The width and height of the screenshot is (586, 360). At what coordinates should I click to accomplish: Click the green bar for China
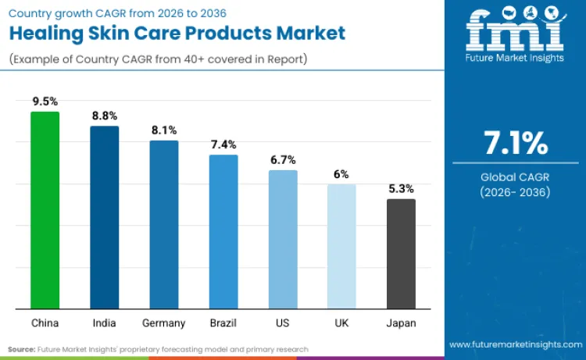45,210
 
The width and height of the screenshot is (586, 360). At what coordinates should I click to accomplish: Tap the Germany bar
164,224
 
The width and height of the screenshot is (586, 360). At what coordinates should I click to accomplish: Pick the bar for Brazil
223,231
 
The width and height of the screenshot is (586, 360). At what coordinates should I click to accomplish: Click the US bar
283,239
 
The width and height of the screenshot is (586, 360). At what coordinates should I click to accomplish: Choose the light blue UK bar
341,246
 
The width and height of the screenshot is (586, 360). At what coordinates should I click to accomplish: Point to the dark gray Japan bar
401,253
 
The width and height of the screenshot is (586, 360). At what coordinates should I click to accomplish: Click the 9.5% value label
45,102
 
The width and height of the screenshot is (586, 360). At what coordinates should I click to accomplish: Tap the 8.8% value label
104,116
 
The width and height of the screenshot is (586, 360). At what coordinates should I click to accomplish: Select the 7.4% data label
223,144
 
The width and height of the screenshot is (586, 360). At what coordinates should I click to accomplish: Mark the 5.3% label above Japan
401,188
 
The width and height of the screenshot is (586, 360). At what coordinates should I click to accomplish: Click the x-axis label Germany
164,323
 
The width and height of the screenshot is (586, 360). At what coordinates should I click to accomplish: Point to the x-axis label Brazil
223,323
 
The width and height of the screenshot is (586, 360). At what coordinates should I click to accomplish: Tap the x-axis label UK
341,323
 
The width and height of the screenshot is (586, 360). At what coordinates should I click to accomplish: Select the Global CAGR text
515,177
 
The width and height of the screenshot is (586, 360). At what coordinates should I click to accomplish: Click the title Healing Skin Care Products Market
177,33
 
